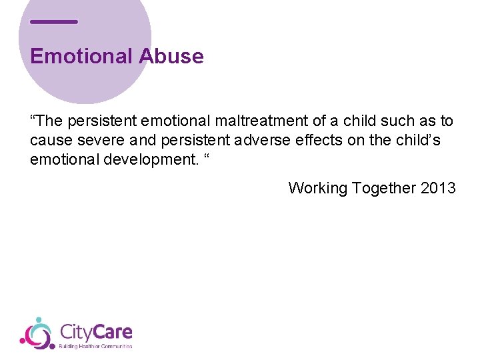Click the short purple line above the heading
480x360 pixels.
(54, 22)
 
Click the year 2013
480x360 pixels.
(438, 188)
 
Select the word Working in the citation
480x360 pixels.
(317, 189)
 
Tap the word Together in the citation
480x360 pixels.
(383, 189)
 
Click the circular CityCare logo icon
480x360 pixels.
(37, 333)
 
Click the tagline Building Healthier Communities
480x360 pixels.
(96, 346)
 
